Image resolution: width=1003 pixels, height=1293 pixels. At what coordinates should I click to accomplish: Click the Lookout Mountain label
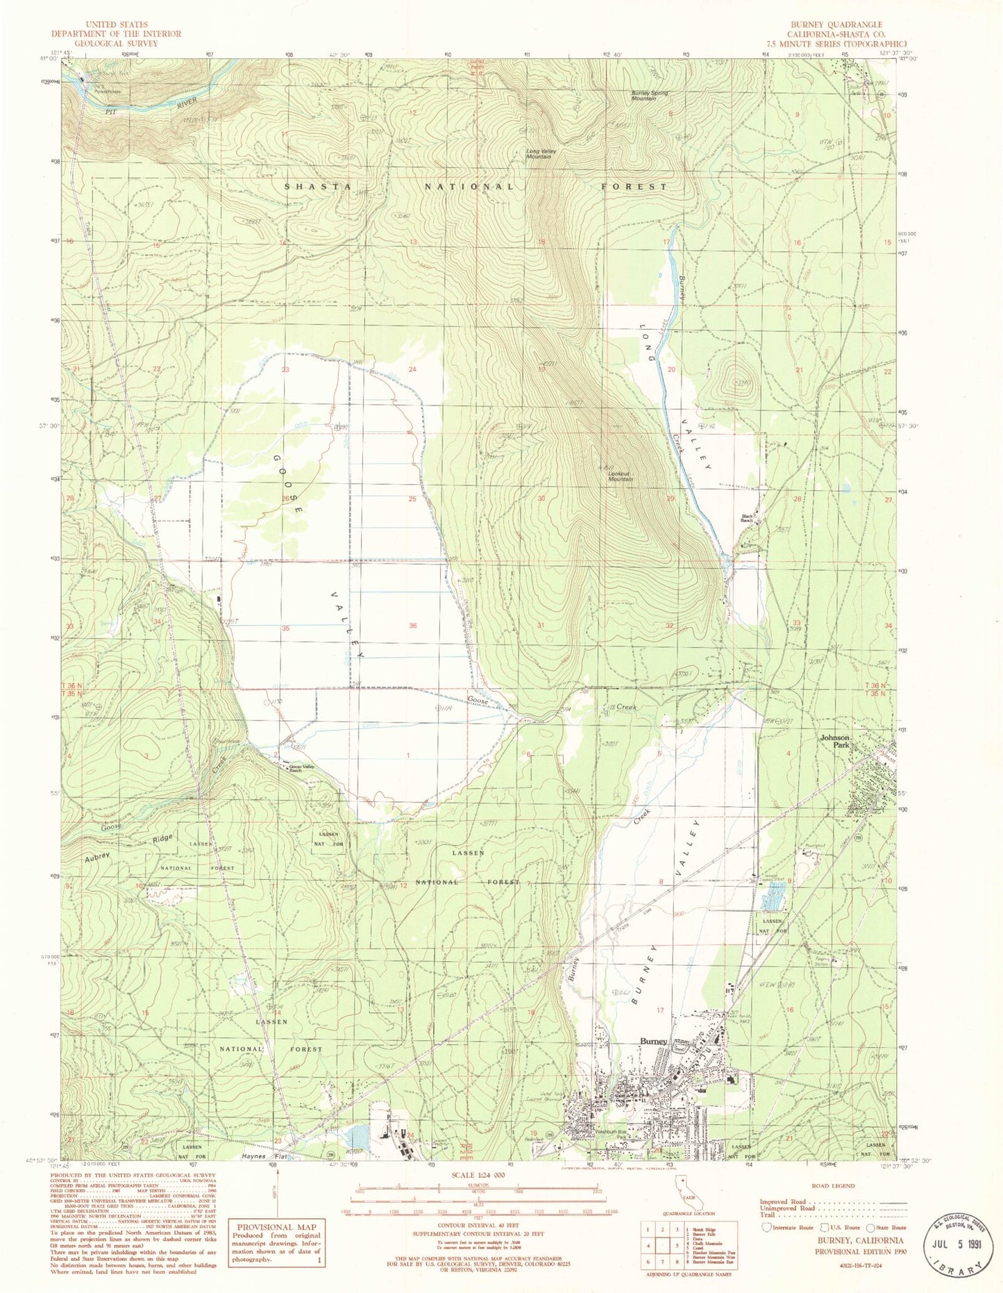point(620,476)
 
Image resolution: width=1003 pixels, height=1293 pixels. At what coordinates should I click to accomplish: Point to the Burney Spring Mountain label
point(643,96)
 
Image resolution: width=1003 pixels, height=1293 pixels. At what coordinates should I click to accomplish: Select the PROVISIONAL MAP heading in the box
point(277,1226)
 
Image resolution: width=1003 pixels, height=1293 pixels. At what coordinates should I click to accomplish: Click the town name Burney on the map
point(653,1042)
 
